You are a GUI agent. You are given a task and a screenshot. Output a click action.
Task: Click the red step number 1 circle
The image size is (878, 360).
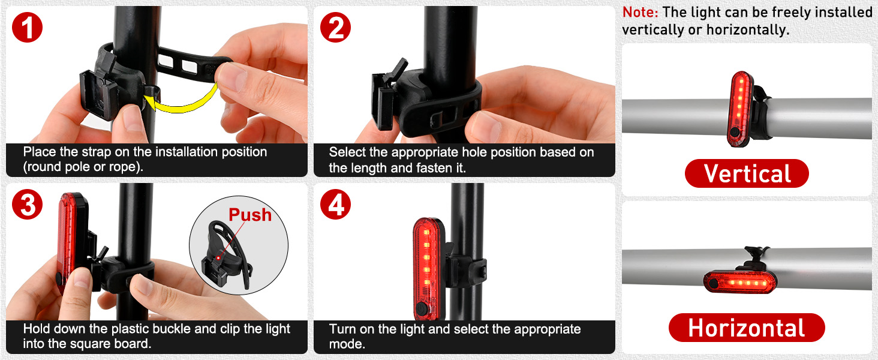[28, 29]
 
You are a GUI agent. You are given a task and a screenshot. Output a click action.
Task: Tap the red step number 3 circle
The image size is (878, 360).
[28, 205]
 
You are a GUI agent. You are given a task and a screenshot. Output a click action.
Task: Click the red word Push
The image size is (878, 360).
[250, 215]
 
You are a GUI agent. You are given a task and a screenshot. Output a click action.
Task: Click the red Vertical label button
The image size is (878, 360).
[747, 174]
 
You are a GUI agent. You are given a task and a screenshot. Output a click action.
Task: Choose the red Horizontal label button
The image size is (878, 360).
[747, 328]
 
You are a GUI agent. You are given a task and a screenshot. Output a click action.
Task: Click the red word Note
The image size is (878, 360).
[639, 12]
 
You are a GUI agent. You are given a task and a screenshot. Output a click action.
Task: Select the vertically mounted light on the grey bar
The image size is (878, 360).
[741, 109]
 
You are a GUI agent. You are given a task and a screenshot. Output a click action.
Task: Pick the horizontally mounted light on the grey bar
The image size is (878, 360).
[739, 281]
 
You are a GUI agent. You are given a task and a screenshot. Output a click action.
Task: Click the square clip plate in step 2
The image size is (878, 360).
[383, 101]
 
